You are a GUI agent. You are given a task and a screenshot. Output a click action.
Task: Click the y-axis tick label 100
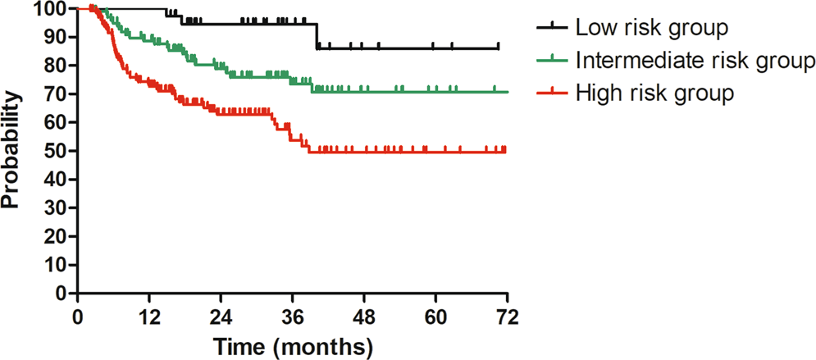click(x=51, y=9)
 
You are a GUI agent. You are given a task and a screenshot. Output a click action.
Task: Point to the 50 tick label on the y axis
click(x=56, y=151)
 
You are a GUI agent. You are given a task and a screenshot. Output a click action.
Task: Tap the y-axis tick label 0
click(x=61, y=293)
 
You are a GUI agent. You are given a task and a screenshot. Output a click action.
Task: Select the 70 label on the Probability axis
click(x=56, y=94)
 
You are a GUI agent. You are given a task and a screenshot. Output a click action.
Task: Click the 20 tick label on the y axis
click(x=56, y=236)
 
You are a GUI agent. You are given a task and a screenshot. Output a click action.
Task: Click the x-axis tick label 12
click(x=148, y=317)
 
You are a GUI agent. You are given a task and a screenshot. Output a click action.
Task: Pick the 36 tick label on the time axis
click(x=293, y=317)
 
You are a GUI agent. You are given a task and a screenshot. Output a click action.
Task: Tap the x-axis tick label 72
click(x=508, y=317)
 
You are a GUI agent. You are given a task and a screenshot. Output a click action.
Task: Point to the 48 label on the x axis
click(x=364, y=317)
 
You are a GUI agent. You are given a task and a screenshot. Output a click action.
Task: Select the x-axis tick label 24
click(x=221, y=317)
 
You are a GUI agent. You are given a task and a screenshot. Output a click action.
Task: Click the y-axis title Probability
click(x=11, y=150)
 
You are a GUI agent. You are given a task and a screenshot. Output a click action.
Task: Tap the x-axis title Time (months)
click(x=293, y=345)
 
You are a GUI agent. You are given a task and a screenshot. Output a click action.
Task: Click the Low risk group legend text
click(x=651, y=28)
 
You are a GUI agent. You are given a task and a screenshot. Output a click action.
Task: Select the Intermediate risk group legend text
click(x=695, y=61)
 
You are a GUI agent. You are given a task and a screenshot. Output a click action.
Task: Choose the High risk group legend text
click(x=654, y=93)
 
